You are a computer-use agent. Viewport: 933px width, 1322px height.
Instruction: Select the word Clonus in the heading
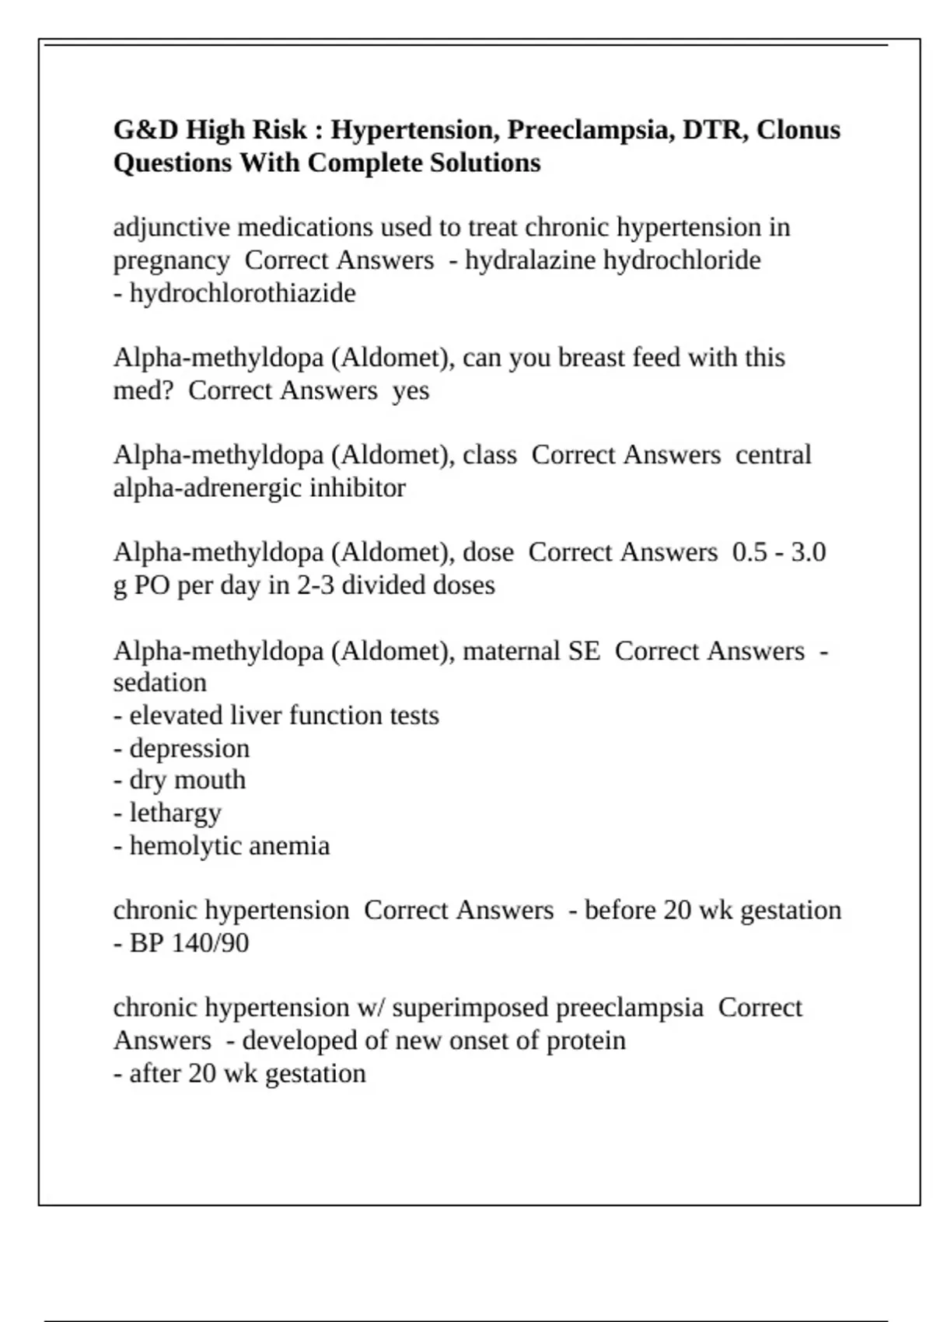tap(798, 129)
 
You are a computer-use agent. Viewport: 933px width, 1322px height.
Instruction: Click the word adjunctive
tap(171, 227)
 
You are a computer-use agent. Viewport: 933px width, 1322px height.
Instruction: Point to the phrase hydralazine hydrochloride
tap(613, 260)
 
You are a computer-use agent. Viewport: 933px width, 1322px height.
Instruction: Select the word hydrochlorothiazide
tap(243, 293)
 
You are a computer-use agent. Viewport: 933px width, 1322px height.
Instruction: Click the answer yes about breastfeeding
tap(411, 390)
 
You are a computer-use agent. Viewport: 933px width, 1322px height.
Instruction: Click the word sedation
tap(159, 682)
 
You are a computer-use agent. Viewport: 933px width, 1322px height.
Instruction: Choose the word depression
tap(189, 748)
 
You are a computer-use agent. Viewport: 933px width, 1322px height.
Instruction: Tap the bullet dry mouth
tap(187, 780)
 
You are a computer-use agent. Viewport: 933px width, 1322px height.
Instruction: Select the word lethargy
tap(175, 813)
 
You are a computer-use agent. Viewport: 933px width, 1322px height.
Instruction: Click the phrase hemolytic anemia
tap(229, 845)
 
